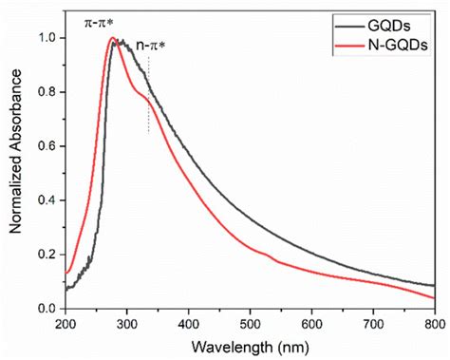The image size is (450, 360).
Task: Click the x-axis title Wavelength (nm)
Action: pos(249,347)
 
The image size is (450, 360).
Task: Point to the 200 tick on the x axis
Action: pos(65,323)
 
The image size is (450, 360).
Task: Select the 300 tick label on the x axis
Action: pos(126,323)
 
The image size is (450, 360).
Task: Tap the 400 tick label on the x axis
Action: pos(188,323)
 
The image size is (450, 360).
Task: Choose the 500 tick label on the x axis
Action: pos(250,323)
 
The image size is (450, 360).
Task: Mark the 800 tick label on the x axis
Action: pos(432,323)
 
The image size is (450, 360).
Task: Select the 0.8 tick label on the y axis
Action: pos(46,93)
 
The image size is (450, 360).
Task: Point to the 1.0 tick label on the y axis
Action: pos(46,39)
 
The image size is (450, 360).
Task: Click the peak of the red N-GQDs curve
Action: pos(112,38)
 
